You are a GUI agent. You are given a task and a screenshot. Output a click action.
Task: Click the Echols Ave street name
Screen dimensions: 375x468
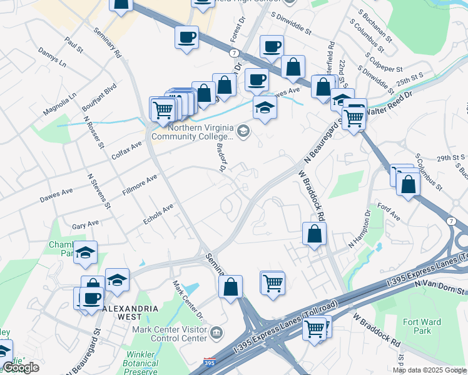pos(158,214)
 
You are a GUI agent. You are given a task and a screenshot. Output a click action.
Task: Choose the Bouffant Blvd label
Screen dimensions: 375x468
pos(100,98)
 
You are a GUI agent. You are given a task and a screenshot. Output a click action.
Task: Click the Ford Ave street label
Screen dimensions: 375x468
pos(389,212)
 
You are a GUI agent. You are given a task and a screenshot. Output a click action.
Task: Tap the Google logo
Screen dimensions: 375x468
pos(21,367)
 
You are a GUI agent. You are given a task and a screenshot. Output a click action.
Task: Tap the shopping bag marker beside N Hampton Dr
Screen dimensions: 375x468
pos(314,234)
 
